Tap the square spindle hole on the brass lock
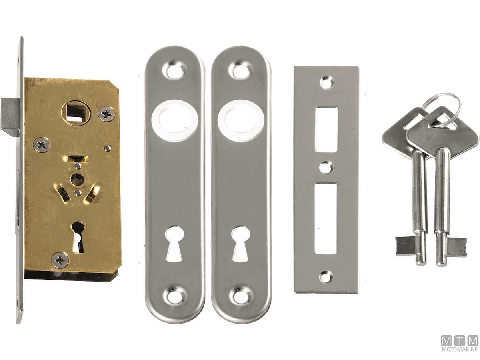(74, 113)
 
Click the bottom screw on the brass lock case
(60, 260)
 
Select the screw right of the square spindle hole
(107, 114)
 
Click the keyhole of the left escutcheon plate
(174, 244)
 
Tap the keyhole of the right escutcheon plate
(240, 244)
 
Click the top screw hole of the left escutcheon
(174, 70)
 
